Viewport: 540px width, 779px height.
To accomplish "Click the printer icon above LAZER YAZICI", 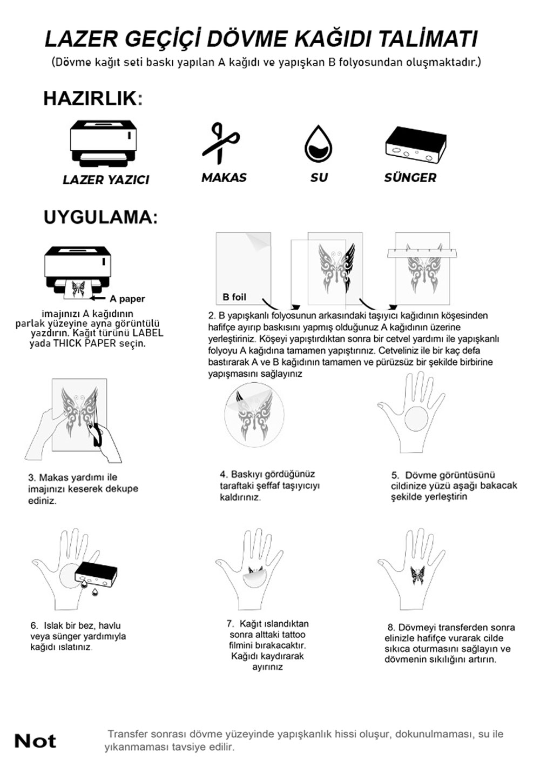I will click(x=104, y=143).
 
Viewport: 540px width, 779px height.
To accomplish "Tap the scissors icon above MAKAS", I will click(x=220, y=143).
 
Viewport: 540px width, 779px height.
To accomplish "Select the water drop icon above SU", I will click(x=318, y=144).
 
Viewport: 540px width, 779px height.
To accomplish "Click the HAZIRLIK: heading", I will click(x=93, y=99).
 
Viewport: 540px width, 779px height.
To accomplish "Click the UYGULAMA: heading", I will click(x=100, y=217).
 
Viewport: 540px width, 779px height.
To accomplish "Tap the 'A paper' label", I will click(x=127, y=299).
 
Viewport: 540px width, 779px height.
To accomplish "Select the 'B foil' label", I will click(x=234, y=297).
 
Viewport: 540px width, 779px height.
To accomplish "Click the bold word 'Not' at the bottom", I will click(x=35, y=741).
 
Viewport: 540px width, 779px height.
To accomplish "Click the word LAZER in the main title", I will click(x=80, y=39).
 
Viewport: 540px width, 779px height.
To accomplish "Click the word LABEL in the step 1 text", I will click(x=147, y=333).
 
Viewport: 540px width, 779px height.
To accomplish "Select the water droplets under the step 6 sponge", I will click(x=90, y=588).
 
